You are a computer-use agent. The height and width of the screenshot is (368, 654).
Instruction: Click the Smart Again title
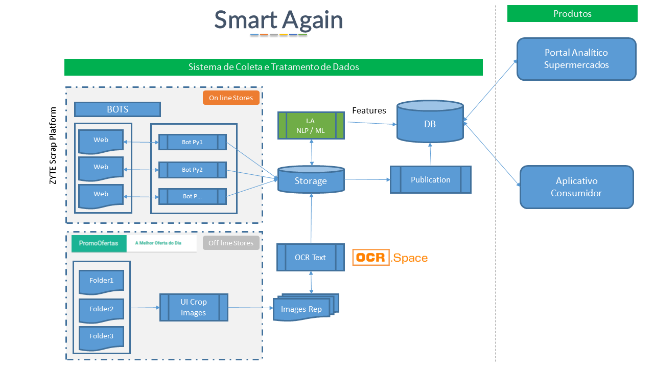click(278, 20)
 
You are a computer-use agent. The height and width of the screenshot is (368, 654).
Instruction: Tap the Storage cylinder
click(311, 180)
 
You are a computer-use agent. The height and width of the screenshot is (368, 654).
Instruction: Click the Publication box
click(430, 179)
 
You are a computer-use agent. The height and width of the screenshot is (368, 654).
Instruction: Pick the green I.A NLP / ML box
click(311, 126)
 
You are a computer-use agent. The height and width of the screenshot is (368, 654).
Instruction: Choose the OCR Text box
click(310, 257)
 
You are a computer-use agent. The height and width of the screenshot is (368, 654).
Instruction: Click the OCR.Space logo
click(390, 258)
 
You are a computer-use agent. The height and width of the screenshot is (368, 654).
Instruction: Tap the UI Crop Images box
click(193, 307)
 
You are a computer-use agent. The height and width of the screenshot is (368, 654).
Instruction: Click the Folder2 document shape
click(101, 309)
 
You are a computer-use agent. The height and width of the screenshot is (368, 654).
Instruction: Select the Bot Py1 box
click(192, 142)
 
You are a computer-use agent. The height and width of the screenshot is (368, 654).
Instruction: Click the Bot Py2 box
click(192, 169)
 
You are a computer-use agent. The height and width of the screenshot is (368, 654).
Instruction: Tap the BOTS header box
click(118, 109)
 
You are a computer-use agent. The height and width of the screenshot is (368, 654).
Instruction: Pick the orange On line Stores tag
click(231, 98)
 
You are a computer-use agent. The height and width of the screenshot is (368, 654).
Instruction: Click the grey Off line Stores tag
click(231, 243)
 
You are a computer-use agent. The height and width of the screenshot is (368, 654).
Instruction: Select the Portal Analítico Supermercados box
click(576, 59)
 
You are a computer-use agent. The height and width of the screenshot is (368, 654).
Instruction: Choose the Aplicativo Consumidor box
click(576, 187)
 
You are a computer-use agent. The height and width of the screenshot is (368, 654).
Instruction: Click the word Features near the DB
click(369, 110)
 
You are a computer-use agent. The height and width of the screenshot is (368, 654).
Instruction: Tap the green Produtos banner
click(572, 14)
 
